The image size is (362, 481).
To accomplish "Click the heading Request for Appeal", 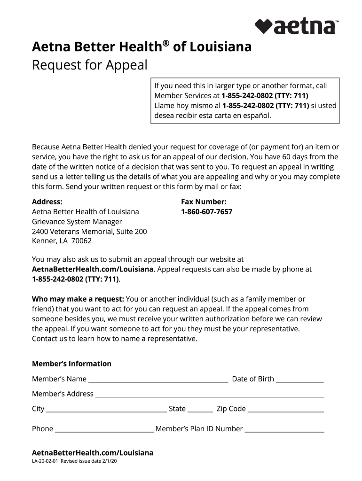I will click(90, 65).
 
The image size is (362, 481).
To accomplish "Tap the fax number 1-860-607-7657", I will click(206, 212).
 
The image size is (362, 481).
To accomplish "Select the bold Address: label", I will click(47, 202).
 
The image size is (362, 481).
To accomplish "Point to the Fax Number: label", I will click(204, 202).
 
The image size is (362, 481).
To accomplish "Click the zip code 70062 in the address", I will click(81, 241).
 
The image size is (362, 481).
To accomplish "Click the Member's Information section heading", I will click(71, 364).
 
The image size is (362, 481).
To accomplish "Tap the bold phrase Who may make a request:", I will click(78, 299).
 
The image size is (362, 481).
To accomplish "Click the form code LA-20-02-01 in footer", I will click(42, 462).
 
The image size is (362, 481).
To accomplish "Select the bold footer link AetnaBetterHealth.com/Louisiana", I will click(93, 453).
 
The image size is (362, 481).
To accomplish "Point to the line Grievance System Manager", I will click(77, 222).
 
